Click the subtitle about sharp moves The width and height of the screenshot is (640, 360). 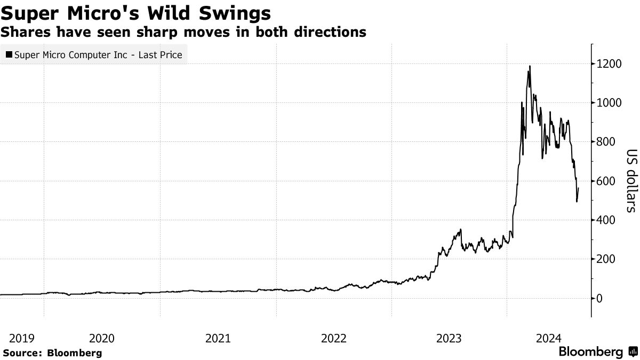183,32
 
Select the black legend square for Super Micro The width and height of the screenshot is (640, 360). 10,54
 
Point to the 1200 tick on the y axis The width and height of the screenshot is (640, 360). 609,64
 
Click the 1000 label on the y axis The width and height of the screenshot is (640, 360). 609,103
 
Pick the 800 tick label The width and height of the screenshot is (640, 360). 606,142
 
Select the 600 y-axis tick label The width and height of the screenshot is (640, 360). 606,181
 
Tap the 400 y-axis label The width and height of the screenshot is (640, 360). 606,220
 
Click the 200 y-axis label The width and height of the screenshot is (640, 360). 606,259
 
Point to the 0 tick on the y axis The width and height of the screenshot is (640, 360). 599,298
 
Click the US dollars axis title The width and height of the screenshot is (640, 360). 630,181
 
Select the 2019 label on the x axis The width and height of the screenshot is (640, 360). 22,338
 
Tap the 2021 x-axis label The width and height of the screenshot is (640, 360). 218,338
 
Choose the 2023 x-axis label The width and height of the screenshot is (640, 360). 449,338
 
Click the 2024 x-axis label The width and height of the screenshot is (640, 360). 548,338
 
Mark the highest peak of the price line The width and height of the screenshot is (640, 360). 530,66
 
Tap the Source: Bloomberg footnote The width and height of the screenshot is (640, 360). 52,353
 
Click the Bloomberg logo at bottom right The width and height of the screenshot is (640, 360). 597,352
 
